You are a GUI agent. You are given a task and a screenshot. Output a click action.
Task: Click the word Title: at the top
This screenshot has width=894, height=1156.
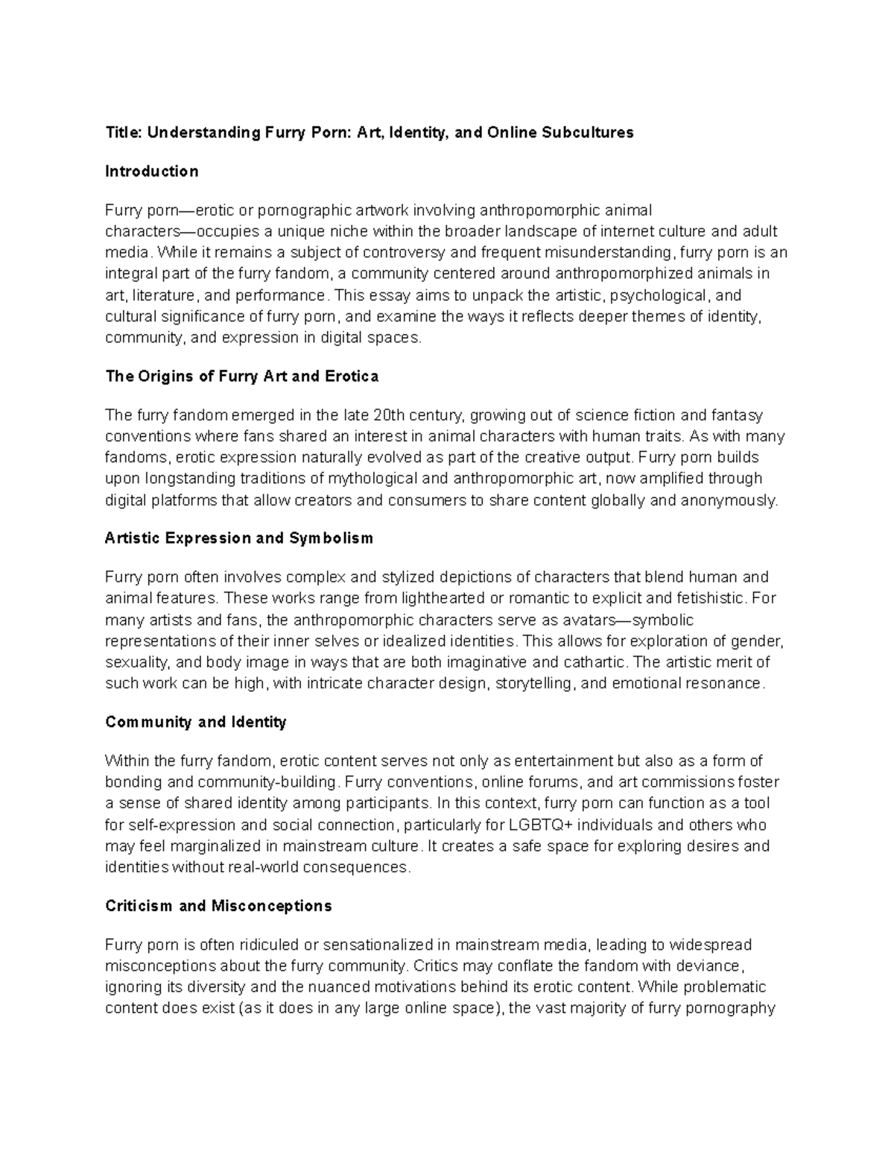pyautogui.click(x=124, y=132)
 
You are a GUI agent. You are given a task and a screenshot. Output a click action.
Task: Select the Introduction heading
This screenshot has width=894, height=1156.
pyautogui.click(x=152, y=171)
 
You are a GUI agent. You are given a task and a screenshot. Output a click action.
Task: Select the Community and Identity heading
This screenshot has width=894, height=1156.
pyautogui.click(x=196, y=722)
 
